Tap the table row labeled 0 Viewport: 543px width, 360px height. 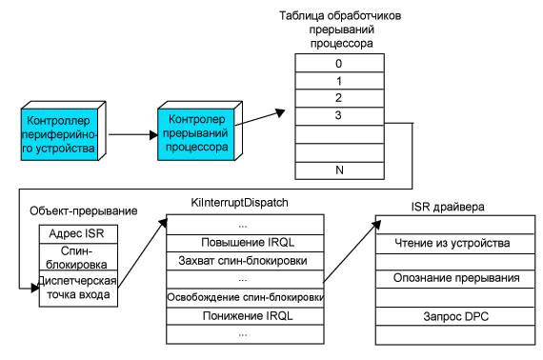coord(339,63)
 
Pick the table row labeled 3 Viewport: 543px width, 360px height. coord(339,115)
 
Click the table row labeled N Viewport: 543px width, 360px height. coord(339,170)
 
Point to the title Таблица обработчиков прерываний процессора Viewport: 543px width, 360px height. coord(340,30)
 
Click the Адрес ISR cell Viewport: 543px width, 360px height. coord(78,234)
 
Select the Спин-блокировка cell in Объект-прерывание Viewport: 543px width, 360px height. coord(78,257)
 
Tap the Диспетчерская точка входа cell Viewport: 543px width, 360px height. coord(78,289)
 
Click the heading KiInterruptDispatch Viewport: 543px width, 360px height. coord(240,203)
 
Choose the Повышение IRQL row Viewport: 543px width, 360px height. coord(245,243)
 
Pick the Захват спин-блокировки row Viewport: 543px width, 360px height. coord(245,261)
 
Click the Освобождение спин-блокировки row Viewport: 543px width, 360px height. coord(245,298)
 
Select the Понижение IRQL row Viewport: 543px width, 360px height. coord(245,316)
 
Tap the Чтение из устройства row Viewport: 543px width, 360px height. coord(455,244)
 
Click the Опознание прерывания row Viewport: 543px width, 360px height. coord(455,279)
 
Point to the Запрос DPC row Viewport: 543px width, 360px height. coord(455,316)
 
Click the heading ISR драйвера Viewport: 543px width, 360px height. coord(448,207)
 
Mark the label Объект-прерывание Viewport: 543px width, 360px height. coord(84,210)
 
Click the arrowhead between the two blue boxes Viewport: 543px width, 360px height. coord(153,134)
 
